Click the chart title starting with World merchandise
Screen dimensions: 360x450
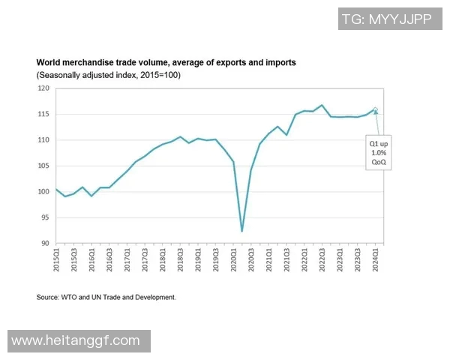pyautogui.click(x=166, y=62)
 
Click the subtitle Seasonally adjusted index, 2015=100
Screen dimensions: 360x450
pyautogui.click(x=109, y=75)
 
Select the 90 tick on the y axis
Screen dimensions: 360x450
pyautogui.click(x=45, y=243)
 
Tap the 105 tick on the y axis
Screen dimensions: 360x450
pyautogui.click(x=43, y=166)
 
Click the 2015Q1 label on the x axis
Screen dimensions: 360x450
pyautogui.click(x=57, y=259)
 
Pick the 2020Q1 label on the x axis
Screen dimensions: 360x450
pyautogui.click(x=233, y=259)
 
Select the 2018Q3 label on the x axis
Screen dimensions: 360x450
pyautogui.click(x=181, y=259)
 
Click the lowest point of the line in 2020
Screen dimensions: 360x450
pyautogui.click(x=241, y=231)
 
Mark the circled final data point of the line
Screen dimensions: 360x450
pyautogui.click(x=375, y=109)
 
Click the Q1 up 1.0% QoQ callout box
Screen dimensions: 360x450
pyautogui.click(x=378, y=152)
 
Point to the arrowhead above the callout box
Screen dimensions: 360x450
pyautogui.click(x=376, y=113)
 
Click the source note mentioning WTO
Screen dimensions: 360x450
pyautogui.click(x=106, y=298)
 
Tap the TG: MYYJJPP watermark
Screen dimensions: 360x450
pyautogui.click(x=385, y=19)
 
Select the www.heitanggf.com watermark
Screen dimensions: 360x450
pyautogui.click(x=75, y=340)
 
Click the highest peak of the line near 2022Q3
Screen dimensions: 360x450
pyautogui.click(x=322, y=105)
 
